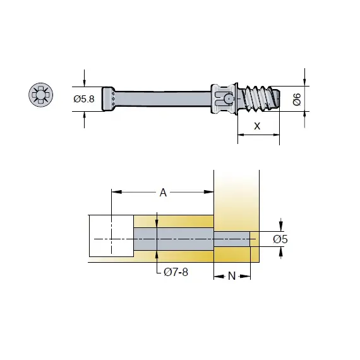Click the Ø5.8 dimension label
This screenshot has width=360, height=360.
pyautogui.click(x=83, y=99)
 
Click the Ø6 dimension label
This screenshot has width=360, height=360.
pyautogui.click(x=296, y=99)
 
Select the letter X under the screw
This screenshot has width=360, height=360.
pyautogui.click(x=256, y=125)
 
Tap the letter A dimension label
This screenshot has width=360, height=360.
pyautogui.click(x=163, y=193)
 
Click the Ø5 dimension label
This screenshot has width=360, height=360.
pyautogui.click(x=280, y=239)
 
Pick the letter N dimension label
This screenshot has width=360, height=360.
pyautogui.click(x=232, y=276)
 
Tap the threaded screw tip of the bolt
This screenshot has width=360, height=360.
pyautogui.click(x=261, y=98)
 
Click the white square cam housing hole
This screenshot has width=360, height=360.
pyautogui.click(x=111, y=236)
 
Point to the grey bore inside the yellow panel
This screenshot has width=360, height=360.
pyautogui.click(x=174, y=239)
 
